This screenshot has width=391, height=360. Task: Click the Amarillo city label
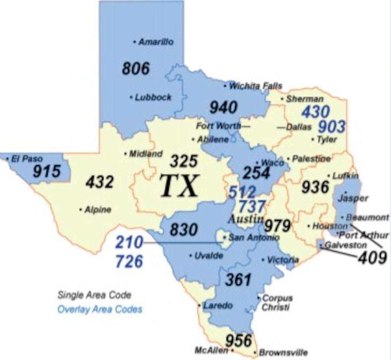(156, 42)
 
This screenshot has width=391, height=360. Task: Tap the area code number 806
(136, 69)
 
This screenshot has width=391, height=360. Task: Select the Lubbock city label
(153, 97)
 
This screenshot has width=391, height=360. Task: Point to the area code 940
(223, 107)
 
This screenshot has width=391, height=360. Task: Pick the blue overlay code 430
(316, 112)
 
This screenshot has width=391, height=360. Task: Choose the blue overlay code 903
(331, 127)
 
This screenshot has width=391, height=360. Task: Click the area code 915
(47, 172)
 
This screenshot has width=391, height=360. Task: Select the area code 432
(99, 182)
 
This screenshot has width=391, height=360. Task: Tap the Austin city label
(246, 219)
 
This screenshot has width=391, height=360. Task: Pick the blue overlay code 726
(129, 261)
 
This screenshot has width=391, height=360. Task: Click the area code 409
(372, 258)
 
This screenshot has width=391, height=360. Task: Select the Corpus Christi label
(277, 303)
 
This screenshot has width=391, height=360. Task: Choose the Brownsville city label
(283, 353)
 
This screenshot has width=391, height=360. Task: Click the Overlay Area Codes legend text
(100, 309)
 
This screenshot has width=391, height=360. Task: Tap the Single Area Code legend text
(94, 295)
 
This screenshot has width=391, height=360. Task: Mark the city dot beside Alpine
(81, 209)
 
